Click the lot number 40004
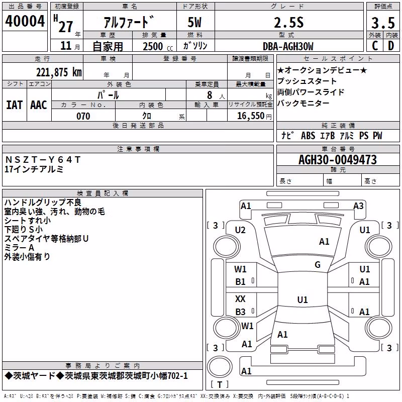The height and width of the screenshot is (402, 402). coord(25,21)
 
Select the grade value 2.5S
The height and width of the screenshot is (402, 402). coord(288,22)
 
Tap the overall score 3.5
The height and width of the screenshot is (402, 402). coord(383,23)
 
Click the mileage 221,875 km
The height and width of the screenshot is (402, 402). coord(59,72)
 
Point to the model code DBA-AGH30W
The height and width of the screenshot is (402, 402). coord(288,46)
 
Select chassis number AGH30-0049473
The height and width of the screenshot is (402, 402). coord(338,160)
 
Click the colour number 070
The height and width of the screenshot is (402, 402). coord(83,116)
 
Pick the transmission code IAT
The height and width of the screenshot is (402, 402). coord(15,105)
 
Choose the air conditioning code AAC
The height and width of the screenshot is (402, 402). coord(39,105)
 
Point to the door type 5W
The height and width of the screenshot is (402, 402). coord(194,22)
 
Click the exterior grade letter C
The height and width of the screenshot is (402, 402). coord(375,46)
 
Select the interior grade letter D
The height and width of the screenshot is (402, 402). coord(391,46)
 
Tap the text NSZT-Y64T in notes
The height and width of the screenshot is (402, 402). coord(43,160)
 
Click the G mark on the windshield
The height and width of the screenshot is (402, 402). coord(318,264)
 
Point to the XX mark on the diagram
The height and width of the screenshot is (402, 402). coord(240,298)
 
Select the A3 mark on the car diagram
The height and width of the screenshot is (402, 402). coord(358,206)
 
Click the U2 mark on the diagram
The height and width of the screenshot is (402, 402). coord(240,230)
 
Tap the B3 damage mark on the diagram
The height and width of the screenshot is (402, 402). coord(240,312)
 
